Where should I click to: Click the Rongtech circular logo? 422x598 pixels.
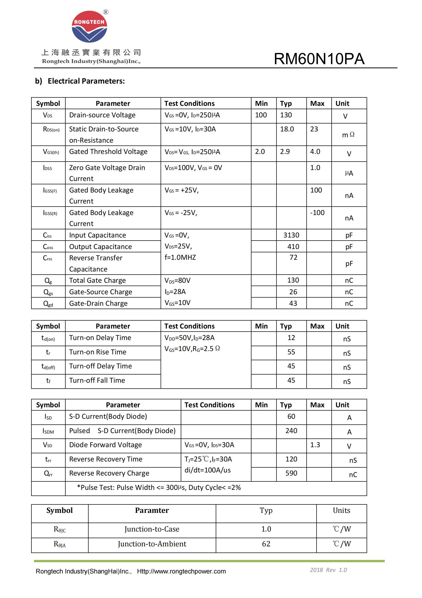89,27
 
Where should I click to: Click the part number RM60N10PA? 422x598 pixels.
319,59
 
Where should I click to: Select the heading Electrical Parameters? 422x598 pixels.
86,81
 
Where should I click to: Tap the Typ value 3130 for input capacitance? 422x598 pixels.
291,235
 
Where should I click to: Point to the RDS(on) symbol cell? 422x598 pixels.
51,129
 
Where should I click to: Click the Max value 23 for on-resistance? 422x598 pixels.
314,129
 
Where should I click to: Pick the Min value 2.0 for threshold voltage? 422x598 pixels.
260,152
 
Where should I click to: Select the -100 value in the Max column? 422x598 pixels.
317,212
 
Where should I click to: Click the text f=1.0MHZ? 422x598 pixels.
180,257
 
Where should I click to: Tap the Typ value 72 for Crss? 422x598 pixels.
293,257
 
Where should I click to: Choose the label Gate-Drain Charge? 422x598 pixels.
98,303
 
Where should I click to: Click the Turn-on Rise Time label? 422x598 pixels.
98,352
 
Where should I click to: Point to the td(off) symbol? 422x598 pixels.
48,366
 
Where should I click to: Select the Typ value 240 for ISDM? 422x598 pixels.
291,431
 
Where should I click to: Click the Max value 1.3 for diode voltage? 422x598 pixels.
315,445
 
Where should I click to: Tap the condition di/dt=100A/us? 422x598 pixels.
207,470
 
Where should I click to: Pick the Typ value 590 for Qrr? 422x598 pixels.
291,473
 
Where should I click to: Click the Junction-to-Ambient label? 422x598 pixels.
152,544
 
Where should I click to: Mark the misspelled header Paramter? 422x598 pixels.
152,511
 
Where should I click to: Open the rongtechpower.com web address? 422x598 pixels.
181,571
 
